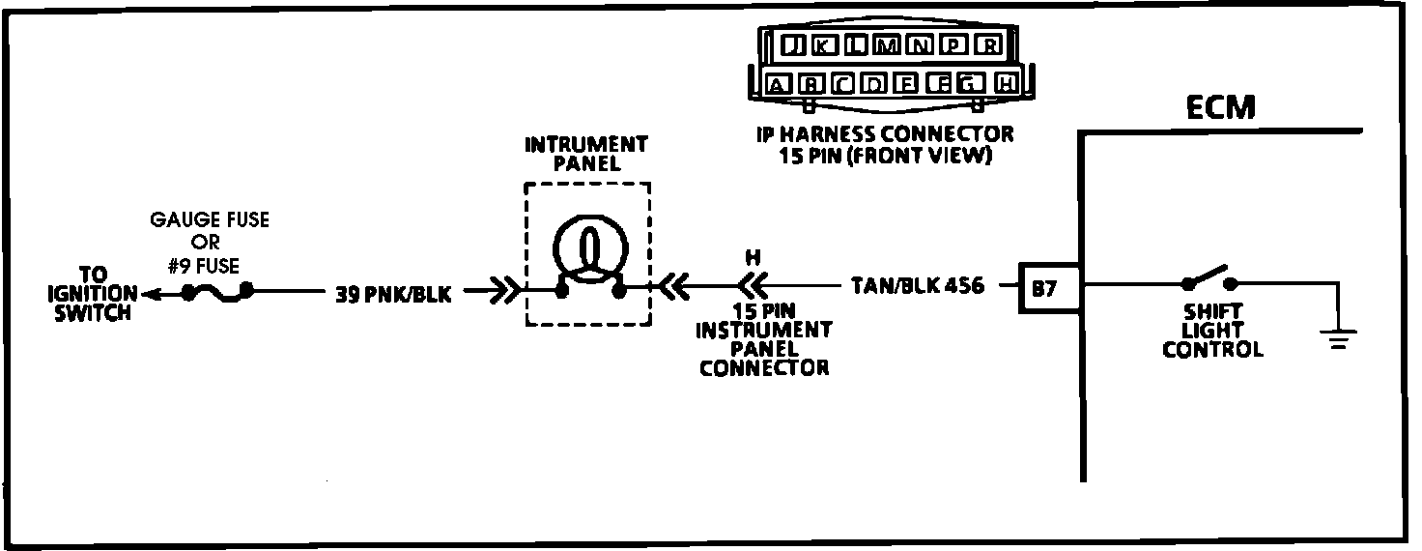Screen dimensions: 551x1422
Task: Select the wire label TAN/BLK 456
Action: (918, 286)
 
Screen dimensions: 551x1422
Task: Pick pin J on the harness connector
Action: (791, 45)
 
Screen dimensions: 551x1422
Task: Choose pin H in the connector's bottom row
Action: (1005, 84)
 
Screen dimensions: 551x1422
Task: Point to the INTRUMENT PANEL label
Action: (586, 153)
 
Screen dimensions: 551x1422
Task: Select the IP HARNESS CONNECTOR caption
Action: (884, 145)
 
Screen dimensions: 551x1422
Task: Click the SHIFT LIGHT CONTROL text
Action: (1211, 331)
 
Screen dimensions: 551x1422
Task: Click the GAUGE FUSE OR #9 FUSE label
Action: (209, 242)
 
